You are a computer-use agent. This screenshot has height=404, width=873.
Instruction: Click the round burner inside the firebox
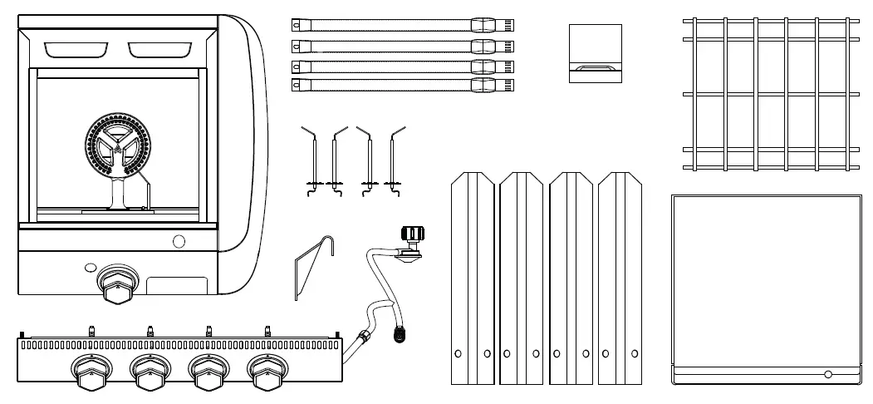pyautogui.click(x=115, y=148)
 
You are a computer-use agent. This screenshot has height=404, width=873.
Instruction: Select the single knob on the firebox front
pyautogui.click(x=115, y=285)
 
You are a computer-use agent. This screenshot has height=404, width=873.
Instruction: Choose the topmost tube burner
pyautogui.click(x=403, y=25)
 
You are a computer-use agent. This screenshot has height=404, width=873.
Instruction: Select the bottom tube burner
pyautogui.click(x=403, y=85)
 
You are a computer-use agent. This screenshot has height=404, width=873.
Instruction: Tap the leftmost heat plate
pyautogui.click(x=473, y=278)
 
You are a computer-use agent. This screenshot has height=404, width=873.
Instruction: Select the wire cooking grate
pyautogui.click(x=770, y=94)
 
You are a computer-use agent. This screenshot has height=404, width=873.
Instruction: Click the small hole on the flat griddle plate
pyautogui.click(x=826, y=372)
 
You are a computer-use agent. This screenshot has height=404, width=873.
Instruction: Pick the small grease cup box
pyautogui.click(x=595, y=53)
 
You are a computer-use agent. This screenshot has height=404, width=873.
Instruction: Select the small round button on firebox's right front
pyautogui.click(x=179, y=242)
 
